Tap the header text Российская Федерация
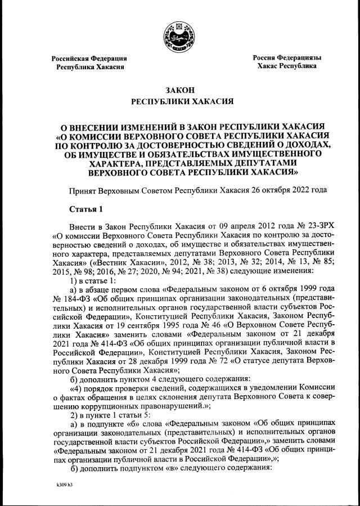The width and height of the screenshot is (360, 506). (x=89, y=59)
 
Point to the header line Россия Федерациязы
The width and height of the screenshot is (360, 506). (x=286, y=57)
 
